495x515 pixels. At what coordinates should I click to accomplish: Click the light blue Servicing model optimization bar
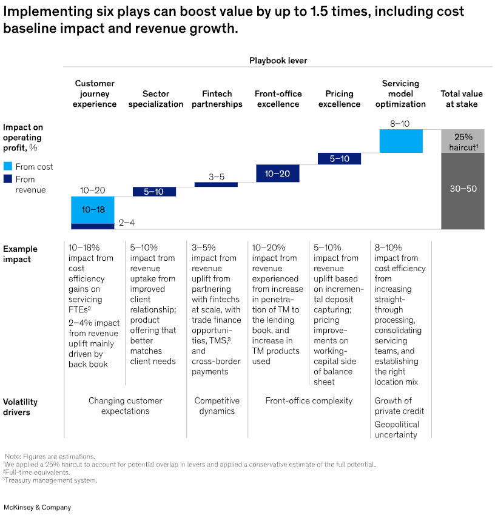pos(400,141)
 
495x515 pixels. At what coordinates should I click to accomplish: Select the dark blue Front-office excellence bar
pos(277,173)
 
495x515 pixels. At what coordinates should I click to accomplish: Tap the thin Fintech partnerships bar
pos(216,184)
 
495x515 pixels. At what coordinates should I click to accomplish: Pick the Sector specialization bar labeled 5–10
pos(154,191)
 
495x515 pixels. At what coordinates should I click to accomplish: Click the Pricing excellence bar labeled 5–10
pos(339,158)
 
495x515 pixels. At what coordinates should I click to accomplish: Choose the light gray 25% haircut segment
pos(462,141)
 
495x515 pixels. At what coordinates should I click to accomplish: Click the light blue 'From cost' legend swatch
pos(8,166)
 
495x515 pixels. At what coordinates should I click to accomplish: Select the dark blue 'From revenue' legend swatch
pos(8,179)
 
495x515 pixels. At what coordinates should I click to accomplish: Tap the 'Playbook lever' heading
pos(278,61)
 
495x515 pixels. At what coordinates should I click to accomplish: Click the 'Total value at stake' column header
pos(462,99)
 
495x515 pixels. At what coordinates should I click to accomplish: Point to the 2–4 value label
pos(126,223)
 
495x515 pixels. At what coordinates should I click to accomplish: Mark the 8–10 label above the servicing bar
pos(400,123)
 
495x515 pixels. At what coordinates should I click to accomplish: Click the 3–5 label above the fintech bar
pos(216,177)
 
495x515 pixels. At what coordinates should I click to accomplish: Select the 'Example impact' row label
pos(20,254)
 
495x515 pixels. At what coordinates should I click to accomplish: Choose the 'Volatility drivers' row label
pos(20,406)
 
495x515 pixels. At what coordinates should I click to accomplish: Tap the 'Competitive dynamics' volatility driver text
pos(217,406)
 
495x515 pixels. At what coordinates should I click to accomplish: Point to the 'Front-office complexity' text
pos(309,400)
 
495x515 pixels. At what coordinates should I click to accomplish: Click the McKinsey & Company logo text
pos(38,507)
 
